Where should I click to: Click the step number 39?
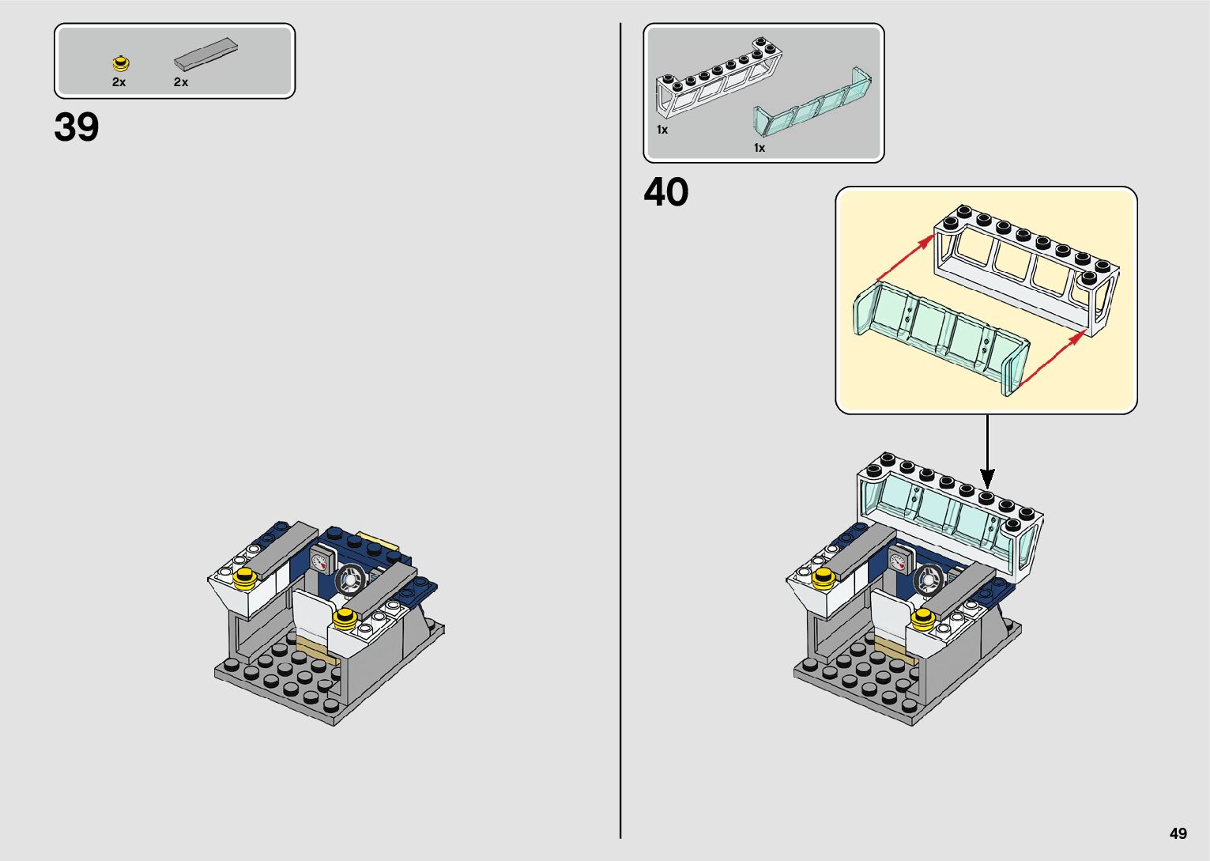point(77,127)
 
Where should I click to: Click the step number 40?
point(665,192)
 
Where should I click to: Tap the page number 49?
point(1178,833)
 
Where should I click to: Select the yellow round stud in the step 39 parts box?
point(120,62)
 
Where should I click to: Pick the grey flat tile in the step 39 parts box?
point(206,53)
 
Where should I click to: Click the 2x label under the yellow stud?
point(119,82)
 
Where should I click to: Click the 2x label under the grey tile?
point(181,82)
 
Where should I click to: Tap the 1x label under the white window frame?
point(662,130)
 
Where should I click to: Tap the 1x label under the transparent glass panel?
point(759,148)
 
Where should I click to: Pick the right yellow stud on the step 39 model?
point(343,618)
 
